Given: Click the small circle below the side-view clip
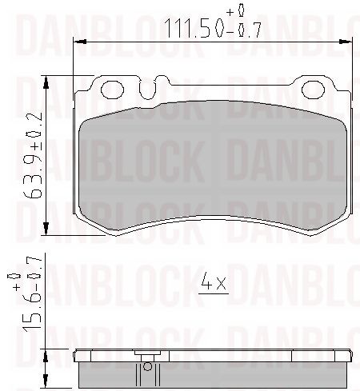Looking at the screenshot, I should click(146, 369).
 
